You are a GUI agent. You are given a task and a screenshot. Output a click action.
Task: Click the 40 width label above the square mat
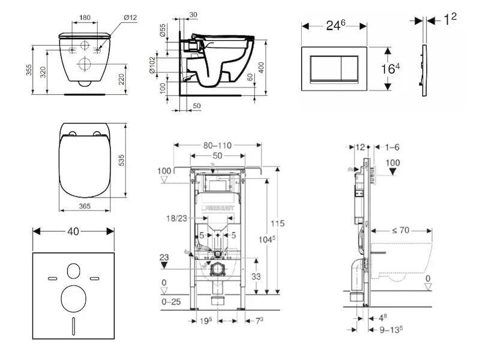(73, 230)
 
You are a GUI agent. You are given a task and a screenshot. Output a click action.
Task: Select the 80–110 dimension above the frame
(217, 145)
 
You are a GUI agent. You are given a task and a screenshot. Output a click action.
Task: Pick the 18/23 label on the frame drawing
(176, 218)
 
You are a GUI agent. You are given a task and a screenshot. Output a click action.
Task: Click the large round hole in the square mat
(73, 298)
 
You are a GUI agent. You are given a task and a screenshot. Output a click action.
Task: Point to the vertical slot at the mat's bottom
(73, 327)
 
